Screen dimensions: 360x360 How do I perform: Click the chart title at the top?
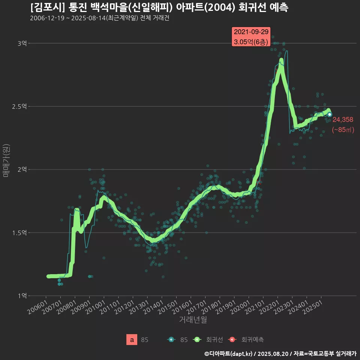(x=159, y=7)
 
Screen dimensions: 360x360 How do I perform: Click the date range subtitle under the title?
(x=100, y=18)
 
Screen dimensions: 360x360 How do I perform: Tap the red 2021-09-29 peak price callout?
(x=251, y=37)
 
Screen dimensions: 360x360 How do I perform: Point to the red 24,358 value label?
(x=343, y=120)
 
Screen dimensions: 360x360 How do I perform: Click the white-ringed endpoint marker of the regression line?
(x=329, y=114)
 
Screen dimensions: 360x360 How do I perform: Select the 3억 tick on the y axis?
(x=22, y=43)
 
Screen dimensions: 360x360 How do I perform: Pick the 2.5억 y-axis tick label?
(x=19, y=106)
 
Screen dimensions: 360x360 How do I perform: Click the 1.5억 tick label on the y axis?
(x=19, y=233)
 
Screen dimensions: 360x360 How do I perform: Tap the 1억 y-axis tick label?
(x=22, y=296)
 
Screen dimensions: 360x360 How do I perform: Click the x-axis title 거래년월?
(x=193, y=320)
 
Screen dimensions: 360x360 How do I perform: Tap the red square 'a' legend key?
(x=132, y=340)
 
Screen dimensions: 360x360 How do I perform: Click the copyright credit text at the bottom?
(x=280, y=354)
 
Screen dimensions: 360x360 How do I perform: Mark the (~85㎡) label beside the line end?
(x=343, y=130)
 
